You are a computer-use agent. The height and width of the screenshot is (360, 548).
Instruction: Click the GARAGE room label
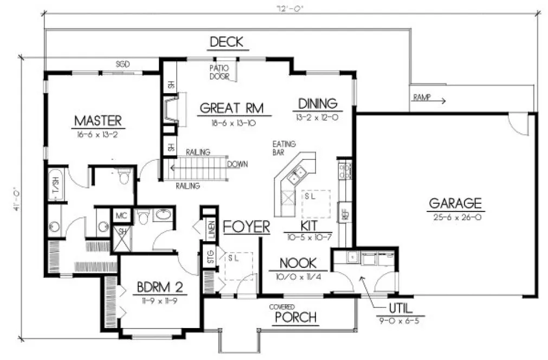(x=455, y=203)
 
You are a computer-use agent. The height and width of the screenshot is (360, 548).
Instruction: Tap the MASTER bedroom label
(x=98, y=120)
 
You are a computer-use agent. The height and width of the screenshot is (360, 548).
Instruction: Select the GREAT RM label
(x=231, y=108)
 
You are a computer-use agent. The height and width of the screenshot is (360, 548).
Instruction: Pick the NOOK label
(x=298, y=263)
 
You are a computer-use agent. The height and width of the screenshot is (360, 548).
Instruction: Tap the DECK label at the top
(x=226, y=42)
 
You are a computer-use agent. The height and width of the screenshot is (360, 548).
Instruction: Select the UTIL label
(x=401, y=310)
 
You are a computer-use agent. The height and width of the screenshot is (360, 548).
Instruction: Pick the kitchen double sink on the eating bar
(x=297, y=175)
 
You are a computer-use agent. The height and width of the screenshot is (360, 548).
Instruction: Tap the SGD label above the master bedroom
(x=123, y=63)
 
